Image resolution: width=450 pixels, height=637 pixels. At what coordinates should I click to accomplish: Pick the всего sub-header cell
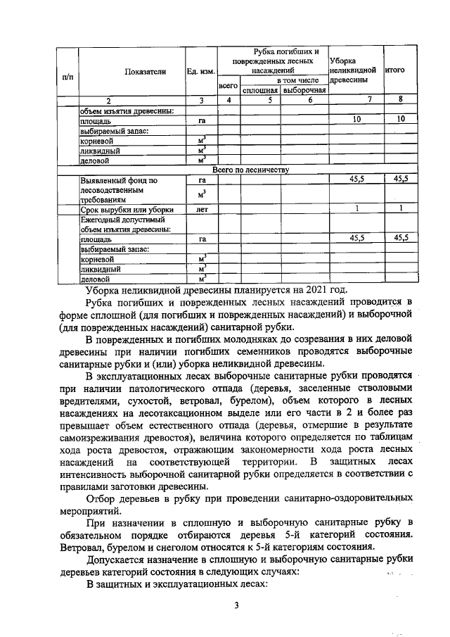[227, 86]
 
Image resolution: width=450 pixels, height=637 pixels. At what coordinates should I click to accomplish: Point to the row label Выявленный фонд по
[118, 180]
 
